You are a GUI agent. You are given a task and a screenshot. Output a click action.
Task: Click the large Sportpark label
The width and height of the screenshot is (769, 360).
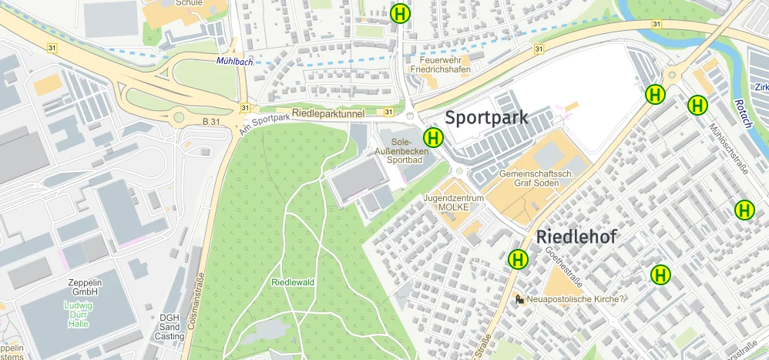[x=486, y=118]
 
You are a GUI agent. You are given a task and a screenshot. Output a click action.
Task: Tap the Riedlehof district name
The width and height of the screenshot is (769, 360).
[x=576, y=237]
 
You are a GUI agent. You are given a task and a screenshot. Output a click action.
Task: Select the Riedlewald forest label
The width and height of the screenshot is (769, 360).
[x=293, y=282]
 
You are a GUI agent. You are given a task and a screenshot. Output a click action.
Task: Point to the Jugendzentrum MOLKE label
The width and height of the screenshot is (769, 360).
[x=452, y=203]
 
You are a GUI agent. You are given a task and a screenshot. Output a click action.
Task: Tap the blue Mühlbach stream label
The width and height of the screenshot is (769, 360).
[x=235, y=60]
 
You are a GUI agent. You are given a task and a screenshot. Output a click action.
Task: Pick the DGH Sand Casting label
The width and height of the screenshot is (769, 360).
[x=169, y=327]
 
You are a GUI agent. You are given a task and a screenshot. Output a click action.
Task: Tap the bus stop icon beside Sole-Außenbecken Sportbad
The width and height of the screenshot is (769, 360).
[x=434, y=138]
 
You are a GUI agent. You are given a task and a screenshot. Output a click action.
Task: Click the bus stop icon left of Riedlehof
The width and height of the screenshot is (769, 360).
[x=518, y=259]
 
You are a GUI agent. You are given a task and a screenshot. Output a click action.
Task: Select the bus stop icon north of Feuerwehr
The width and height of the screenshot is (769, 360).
[x=401, y=13]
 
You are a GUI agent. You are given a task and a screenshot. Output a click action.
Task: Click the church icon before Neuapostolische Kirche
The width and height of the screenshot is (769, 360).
[x=519, y=299]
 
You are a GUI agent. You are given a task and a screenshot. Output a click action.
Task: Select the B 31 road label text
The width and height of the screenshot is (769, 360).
[x=211, y=121]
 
